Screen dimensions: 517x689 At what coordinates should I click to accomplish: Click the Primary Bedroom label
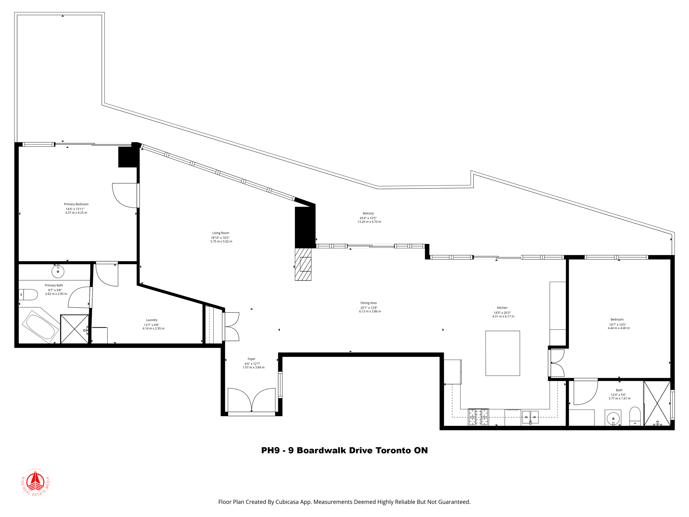[x=76, y=204]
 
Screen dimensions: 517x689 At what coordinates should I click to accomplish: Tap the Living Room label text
[x=221, y=233]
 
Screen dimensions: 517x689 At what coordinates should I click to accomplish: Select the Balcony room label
[x=368, y=213]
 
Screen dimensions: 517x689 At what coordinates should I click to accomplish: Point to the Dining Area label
[x=368, y=303]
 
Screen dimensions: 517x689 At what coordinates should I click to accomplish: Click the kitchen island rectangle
[x=502, y=353]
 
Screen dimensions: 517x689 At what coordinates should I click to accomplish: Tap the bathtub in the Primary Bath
[x=40, y=326]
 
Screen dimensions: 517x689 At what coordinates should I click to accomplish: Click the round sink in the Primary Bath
[x=58, y=271]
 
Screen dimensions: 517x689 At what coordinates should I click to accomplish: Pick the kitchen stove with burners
[x=478, y=417]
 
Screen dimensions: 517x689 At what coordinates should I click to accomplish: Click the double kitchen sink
[x=530, y=417]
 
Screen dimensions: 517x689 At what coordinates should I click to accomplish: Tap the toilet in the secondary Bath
[x=635, y=416]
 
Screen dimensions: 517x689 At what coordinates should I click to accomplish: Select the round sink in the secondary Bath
[x=613, y=418]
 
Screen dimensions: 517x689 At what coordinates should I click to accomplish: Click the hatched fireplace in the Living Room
[x=303, y=264]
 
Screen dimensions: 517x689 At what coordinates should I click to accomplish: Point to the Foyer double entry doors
[x=251, y=401]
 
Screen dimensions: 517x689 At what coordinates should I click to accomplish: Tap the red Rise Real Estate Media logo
[x=35, y=482]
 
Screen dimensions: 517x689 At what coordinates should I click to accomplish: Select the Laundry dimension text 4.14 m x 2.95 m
[x=153, y=329]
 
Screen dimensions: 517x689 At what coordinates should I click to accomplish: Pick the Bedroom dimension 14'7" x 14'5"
[x=617, y=324]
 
